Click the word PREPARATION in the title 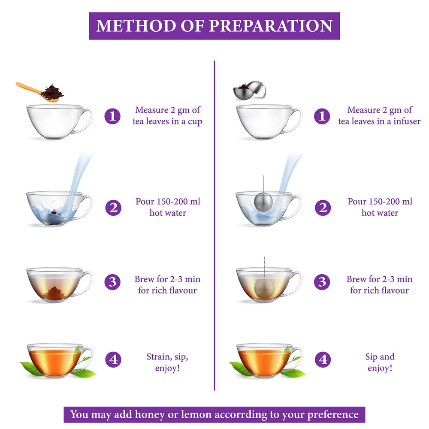pos(271,26)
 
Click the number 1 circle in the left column pos(112,116)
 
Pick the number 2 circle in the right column pos(322,208)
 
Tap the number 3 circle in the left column pos(112,282)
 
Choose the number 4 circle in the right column pos(322,359)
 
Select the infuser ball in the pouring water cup pos(263,202)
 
